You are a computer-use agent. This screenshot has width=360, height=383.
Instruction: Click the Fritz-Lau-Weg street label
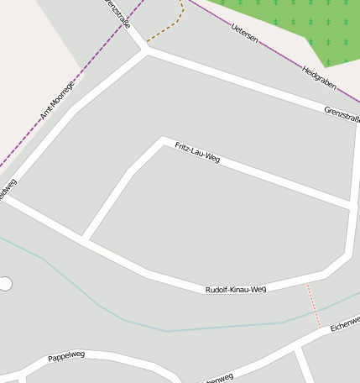(x=197, y=152)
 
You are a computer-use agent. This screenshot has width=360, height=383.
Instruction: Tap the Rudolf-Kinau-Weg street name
(x=236, y=289)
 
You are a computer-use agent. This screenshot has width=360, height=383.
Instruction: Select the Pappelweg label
(x=66, y=356)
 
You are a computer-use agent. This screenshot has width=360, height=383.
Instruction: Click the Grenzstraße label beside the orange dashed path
(x=117, y=13)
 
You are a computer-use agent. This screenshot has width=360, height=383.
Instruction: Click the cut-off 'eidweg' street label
(x=7, y=191)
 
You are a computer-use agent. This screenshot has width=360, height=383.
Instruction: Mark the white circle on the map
(x=5, y=284)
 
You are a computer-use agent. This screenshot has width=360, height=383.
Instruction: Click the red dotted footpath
(x=313, y=305)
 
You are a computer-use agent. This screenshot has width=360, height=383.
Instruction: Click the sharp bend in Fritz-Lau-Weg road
(x=162, y=139)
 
